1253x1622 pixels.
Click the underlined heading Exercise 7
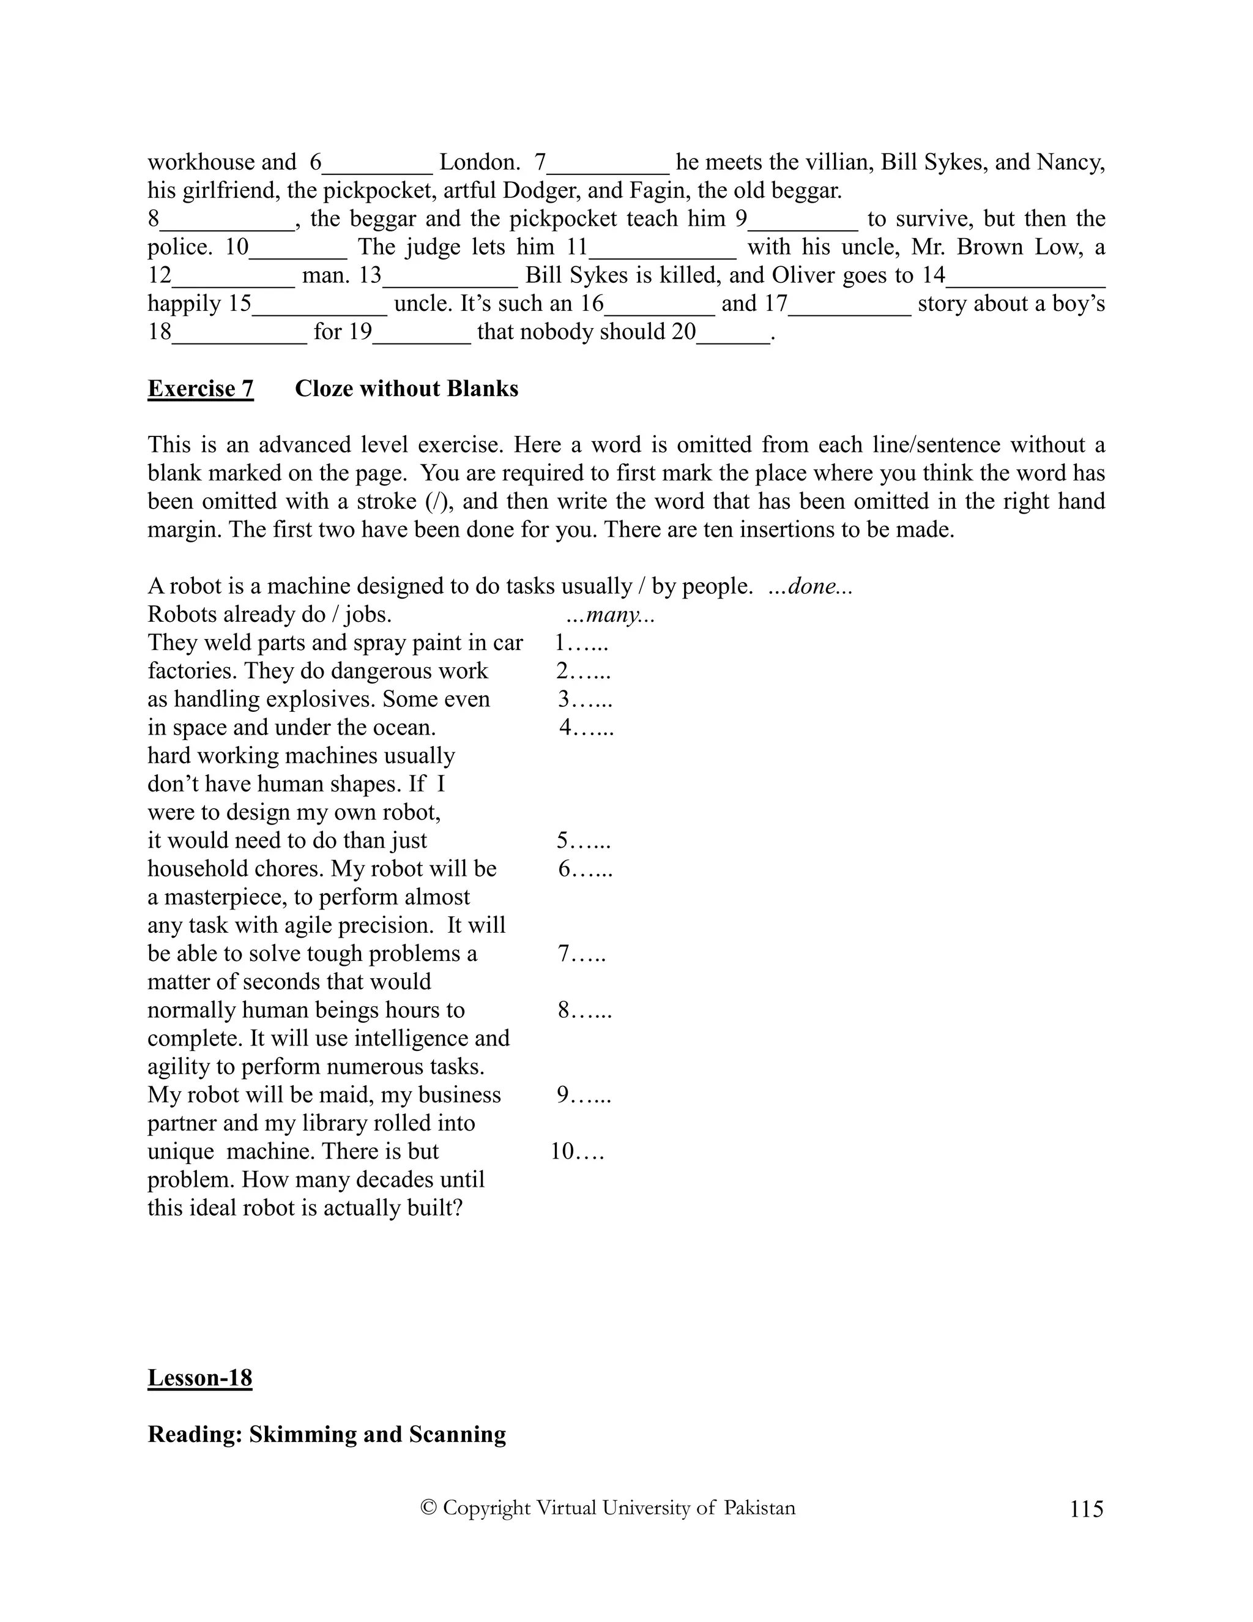pos(201,389)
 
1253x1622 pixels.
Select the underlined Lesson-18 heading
pos(199,1378)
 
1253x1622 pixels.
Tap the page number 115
pos(1087,1509)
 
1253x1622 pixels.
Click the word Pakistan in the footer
pos(759,1508)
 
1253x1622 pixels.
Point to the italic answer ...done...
pos(811,587)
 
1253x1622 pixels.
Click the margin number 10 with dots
pos(577,1152)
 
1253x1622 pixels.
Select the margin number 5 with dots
pos(584,841)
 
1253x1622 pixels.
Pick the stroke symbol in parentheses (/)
pos(434,501)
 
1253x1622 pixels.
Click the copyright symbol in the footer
pos(428,1508)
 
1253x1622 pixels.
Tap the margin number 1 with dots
pos(582,643)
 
